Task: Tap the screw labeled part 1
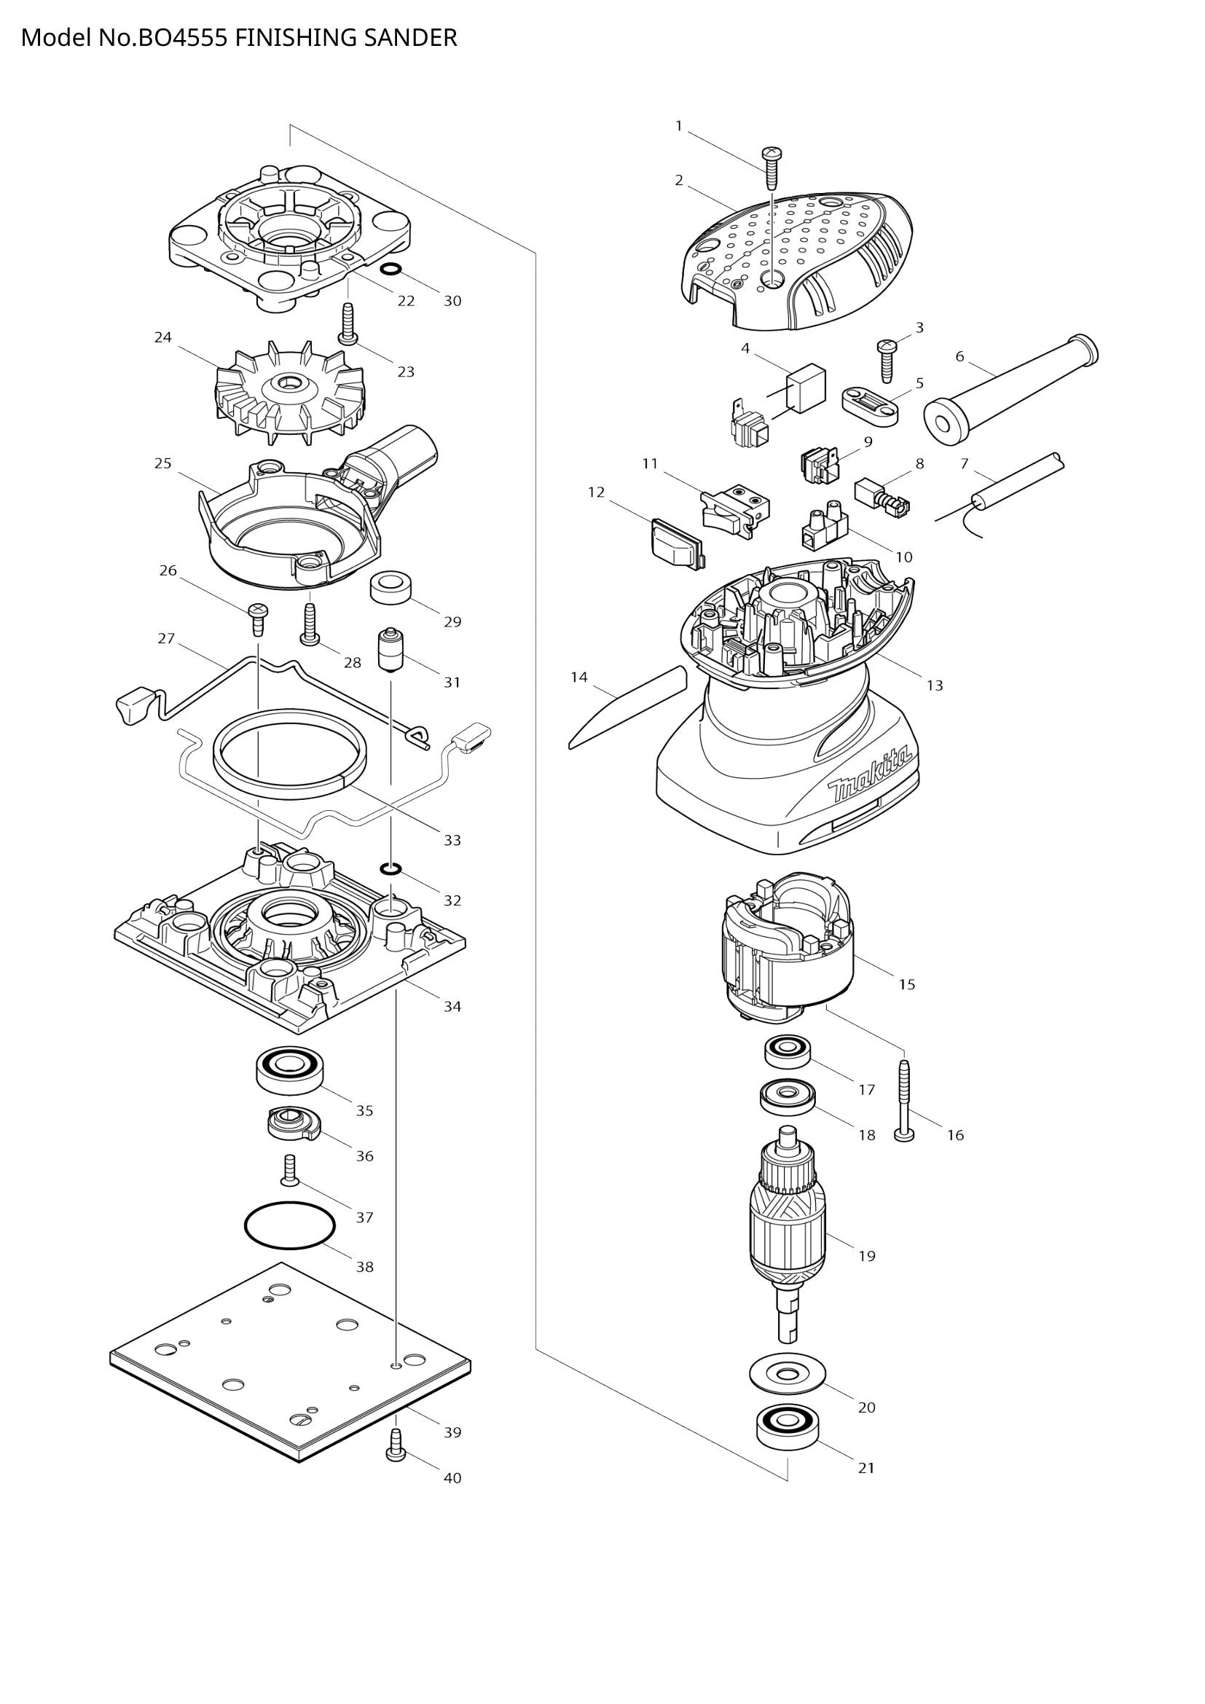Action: pyautogui.click(x=771, y=168)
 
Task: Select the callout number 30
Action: pyautogui.click(x=452, y=301)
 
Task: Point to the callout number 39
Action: pyautogui.click(x=452, y=1432)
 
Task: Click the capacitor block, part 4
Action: pyautogui.click(x=806, y=387)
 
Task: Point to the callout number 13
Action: pyautogui.click(x=935, y=685)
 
